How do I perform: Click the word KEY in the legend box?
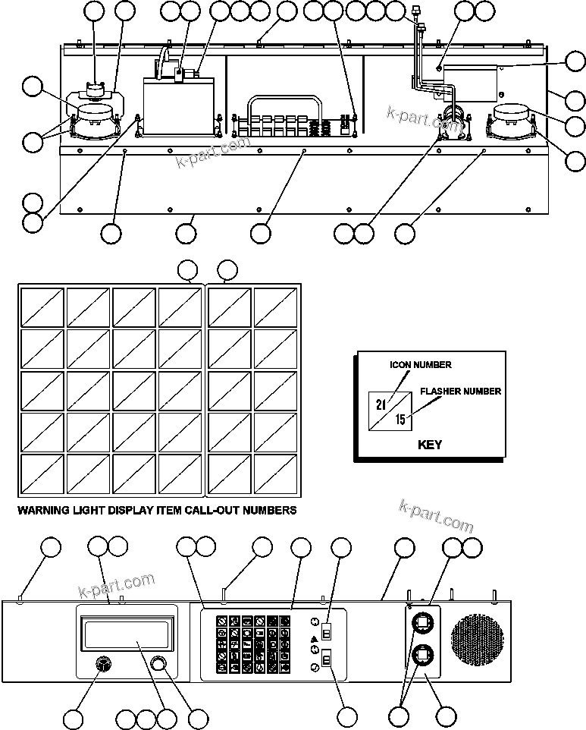(x=429, y=445)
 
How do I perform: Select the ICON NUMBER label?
(x=421, y=365)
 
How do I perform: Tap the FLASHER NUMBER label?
(x=460, y=392)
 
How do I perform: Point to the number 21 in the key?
(x=381, y=404)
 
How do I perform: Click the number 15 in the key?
(x=400, y=419)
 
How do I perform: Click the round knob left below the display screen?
(x=102, y=665)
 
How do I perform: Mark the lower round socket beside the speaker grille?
(x=422, y=655)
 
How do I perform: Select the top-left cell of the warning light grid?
(x=42, y=307)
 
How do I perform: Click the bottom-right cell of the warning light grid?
(x=276, y=474)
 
